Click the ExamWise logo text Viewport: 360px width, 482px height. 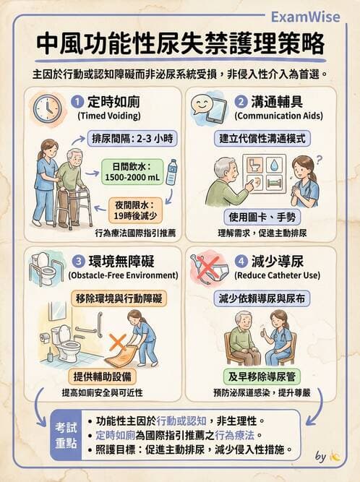(315, 17)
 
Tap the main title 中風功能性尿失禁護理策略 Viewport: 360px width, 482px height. (180, 46)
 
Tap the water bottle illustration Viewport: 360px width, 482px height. (172, 172)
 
